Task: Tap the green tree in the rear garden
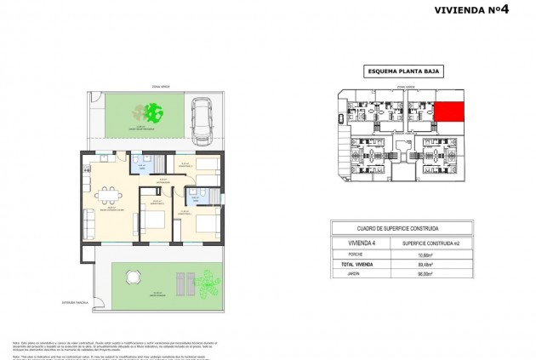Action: click(x=153, y=111)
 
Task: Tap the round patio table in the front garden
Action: click(x=131, y=276)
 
